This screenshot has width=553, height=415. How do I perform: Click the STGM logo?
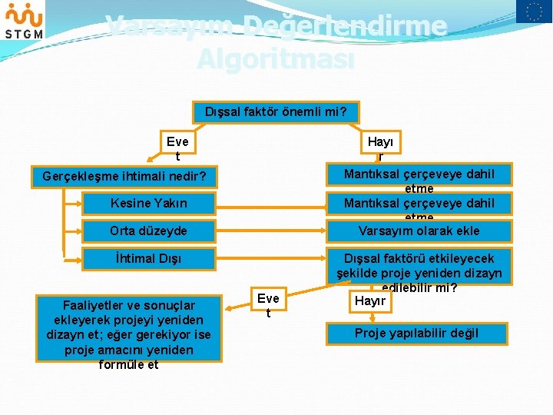pos(24,20)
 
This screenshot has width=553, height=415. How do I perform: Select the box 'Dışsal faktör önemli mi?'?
pos(276,112)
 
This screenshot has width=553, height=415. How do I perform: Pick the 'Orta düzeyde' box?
pos(149,231)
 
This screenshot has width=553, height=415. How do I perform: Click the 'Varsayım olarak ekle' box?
pos(419,231)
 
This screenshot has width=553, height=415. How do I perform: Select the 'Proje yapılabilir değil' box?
pos(416,333)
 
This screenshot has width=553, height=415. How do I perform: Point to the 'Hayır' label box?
pos(370,301)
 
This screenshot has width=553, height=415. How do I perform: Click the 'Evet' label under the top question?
pos(177,148)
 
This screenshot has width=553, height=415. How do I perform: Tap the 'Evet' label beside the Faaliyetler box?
pos(268,305)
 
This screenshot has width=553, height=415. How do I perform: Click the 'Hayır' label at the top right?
pos(380,148)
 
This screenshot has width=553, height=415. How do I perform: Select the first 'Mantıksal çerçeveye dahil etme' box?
pos(419,175)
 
